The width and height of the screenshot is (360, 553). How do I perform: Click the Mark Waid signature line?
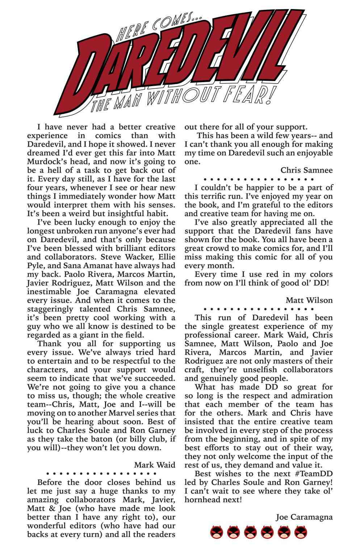click(155, 465)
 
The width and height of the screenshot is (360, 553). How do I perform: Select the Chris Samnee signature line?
click(306, 170)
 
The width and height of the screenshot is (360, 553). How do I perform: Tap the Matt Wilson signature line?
click(309, 300)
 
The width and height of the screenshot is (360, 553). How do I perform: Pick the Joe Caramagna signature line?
click(304, 517)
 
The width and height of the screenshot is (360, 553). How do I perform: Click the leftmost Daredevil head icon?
click(216, 532)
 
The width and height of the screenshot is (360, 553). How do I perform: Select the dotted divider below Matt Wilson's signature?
click(259, 309)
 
